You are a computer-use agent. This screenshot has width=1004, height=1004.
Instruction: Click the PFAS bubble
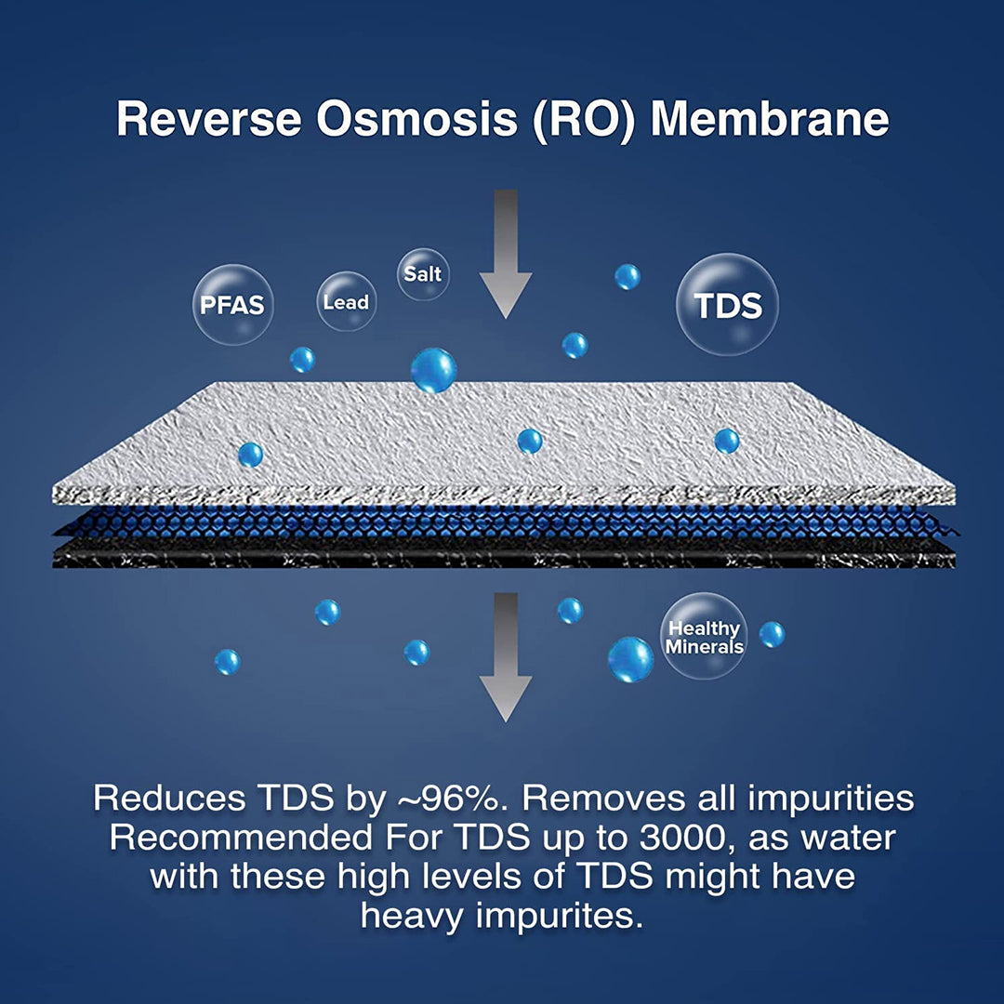tap(232, 304)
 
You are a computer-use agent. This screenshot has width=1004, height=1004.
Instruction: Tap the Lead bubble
tap(346, 301)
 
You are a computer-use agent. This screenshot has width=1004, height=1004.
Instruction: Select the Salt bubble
tap(423, 274)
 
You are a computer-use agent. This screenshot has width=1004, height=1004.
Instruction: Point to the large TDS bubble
tap(727, 305)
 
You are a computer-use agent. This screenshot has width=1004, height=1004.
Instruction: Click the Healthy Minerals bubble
tap(705, 637)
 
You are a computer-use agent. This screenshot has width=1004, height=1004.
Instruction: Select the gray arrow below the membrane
tap(506, 655)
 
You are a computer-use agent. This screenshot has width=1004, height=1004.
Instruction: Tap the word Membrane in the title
tap(769, 121)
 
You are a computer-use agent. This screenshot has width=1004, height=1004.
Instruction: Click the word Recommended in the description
tap(239, 837)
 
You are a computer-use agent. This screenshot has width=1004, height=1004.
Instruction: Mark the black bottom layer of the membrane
tap(502, 555)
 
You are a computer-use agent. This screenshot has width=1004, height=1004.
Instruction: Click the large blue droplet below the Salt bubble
tap(433, 370)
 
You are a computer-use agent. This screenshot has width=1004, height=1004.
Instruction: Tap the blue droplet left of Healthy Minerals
tap(630, 659)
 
